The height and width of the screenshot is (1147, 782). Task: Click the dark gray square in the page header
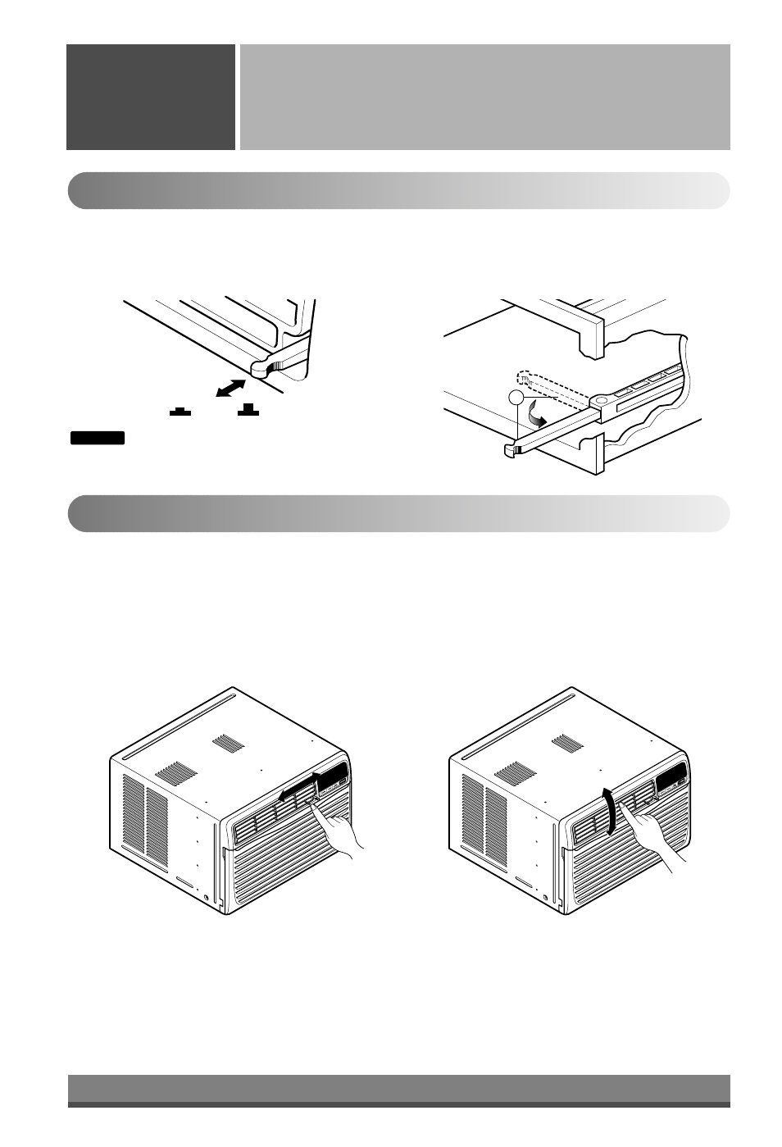coord(151,97)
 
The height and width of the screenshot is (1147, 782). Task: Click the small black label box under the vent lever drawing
coord(97,438)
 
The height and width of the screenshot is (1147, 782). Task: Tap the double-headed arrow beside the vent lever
coord(230,387)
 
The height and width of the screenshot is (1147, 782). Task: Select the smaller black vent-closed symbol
coord(180,411)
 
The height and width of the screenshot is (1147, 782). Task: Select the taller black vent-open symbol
coord(248,409)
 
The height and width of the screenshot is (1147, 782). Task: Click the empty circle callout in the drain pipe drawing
coord(515,398)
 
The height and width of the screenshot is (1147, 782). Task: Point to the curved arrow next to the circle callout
coord(538,416)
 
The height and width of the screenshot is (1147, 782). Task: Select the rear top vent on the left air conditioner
coord(227,744)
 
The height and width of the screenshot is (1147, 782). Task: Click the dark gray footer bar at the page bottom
coord(398,1090)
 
